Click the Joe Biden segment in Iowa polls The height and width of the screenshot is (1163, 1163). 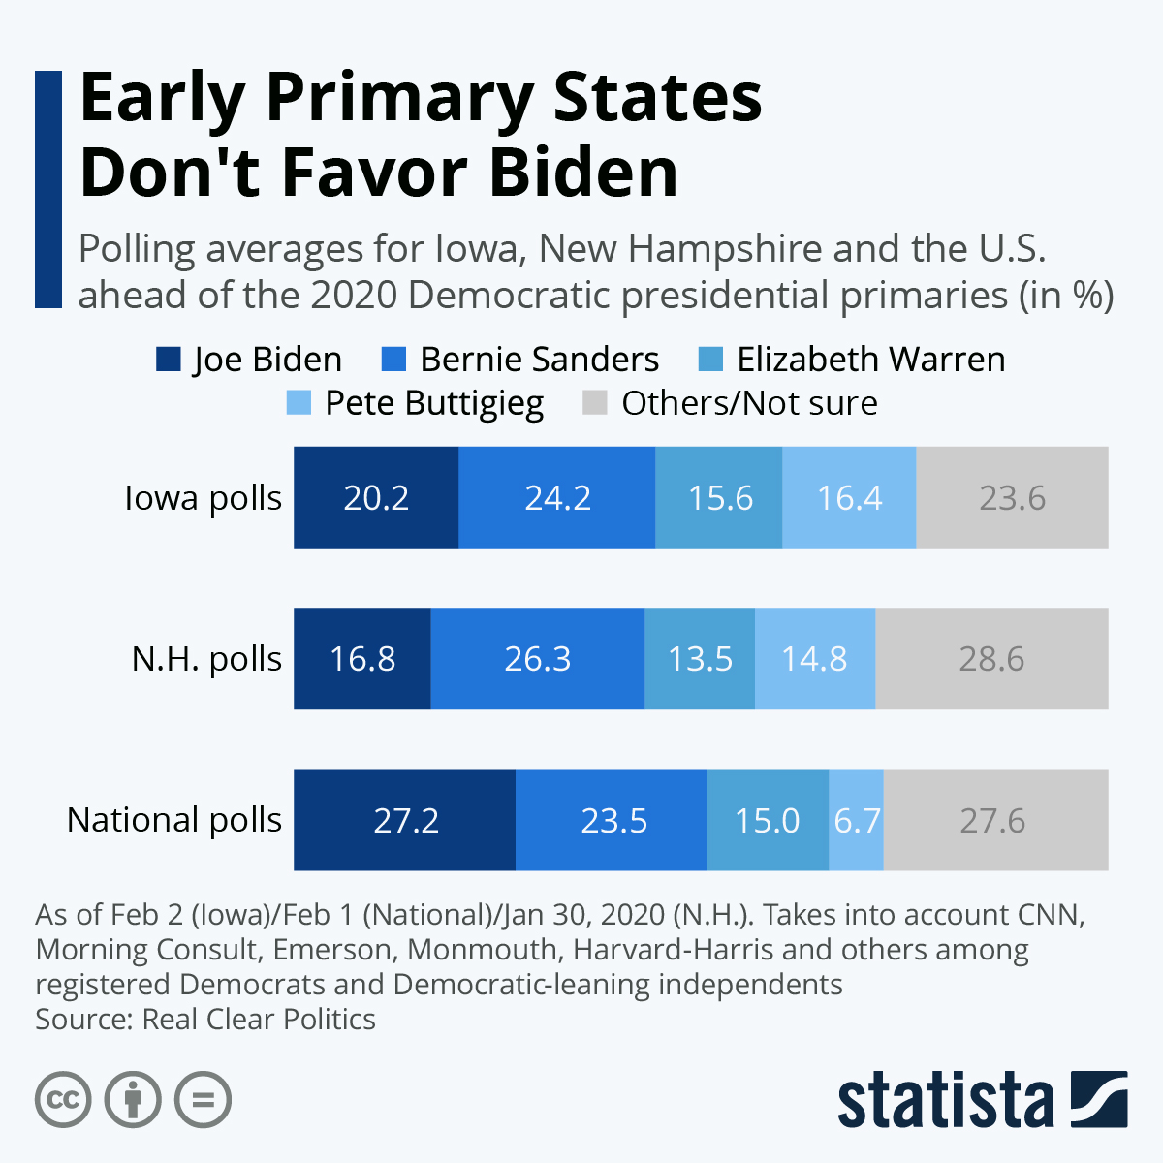point(376,497)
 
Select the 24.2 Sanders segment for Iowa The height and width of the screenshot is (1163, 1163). point(557,497)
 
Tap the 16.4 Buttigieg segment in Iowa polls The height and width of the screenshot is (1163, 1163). point(849,497)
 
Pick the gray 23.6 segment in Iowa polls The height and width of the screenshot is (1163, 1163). point(1012,497)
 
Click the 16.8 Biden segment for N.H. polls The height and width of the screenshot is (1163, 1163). point(362,659)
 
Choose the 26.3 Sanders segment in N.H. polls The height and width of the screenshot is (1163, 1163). point(538,659)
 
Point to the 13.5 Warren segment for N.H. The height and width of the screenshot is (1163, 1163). point(700,659)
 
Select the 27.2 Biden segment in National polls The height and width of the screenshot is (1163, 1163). point(405,820)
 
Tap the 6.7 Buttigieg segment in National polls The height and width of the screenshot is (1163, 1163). point(857,820)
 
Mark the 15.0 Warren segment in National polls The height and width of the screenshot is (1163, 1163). point(768,820)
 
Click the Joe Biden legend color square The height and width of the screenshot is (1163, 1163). point(169,360)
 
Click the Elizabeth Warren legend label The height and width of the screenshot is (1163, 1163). point(870,360)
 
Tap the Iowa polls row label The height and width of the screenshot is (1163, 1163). point(203,498)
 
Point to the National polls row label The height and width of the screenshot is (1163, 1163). point(174,820)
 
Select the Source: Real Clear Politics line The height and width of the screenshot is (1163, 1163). point(205,1020)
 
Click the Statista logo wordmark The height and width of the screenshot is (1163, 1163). point(946,1100)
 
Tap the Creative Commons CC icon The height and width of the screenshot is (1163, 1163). point(64,1100)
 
